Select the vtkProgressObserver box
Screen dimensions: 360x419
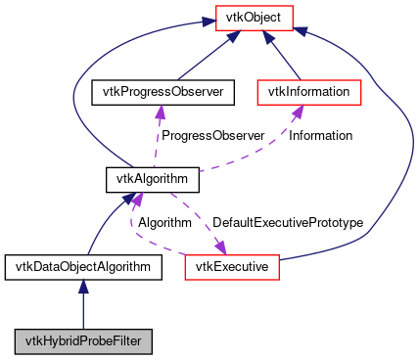point(158,93)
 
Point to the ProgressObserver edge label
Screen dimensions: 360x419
point(212,136)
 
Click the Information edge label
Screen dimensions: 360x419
point(320,136)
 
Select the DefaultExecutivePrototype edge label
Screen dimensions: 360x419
point(288,223)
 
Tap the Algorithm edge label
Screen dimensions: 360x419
point(163,223)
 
